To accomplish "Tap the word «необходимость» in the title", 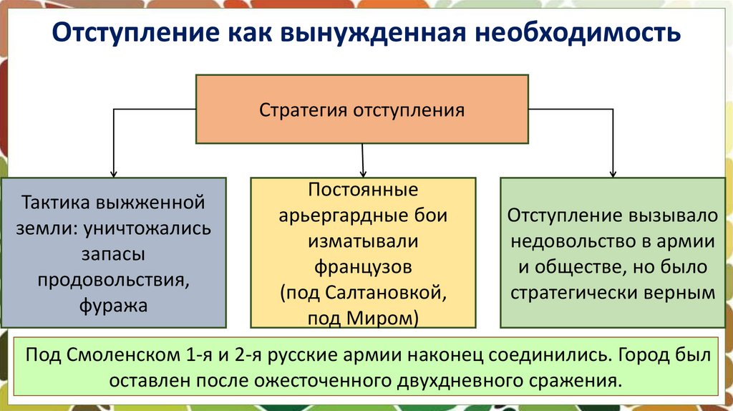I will pos(573,34).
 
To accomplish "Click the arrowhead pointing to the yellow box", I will pos(363,173).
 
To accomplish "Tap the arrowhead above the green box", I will pos(613,173).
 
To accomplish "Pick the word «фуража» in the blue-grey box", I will pos(114,306).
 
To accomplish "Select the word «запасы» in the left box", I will pos(114,254).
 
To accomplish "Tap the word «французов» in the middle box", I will pos(363,268).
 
